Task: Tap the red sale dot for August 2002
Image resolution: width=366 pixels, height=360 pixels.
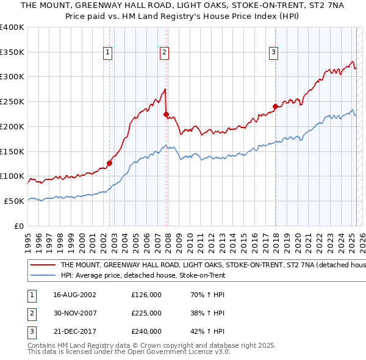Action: pyautogui.click(x=110, y=163)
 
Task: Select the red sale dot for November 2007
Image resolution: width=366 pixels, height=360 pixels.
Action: pyautogui.click(x=167, y=113)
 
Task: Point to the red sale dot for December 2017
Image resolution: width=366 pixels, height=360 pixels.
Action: pyautogui.click(x=275, y=106)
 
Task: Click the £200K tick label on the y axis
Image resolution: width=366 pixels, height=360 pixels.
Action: pyautogui.click(x=12, y=126)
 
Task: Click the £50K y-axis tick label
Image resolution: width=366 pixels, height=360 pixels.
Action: pyautogui.click(x=14, y=201)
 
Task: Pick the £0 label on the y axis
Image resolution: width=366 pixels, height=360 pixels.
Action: pyautogui.click(x=20, y=226)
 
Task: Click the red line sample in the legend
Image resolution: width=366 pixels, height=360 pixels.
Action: pyautogui.click(x=42, y=265)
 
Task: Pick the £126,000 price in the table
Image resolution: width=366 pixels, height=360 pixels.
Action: pyautogui.click(x=146, y=295)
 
